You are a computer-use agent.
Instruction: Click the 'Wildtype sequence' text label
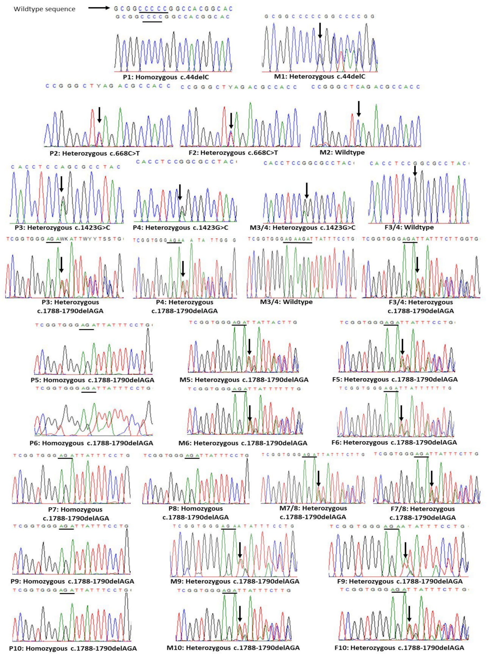click(45, 9)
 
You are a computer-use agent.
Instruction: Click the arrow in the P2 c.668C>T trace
click(99, 115)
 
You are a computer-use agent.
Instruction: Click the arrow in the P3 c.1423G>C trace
click(61, 184)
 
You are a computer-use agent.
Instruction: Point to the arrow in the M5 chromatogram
click(249, 347)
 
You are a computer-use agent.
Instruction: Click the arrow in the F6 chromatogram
click(401, 413)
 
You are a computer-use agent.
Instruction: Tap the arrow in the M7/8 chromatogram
click(318, 478)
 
